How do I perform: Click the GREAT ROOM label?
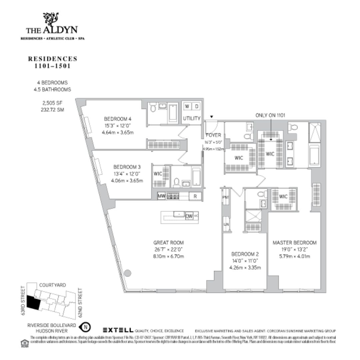(x=168, y=243)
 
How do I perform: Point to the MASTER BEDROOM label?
(x=294, y=243)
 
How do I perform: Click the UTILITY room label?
(x=192, y=118)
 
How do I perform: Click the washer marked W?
(x=187, y=106)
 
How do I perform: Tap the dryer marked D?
(x=197, y=106)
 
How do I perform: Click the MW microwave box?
(x=162, y=196)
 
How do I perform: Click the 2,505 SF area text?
(x=51, y=103)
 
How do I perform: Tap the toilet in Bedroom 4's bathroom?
(x=153, y=108)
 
